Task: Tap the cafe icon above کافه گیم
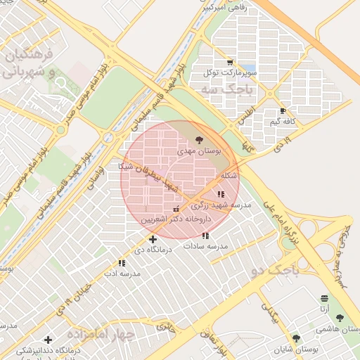[x=283, y=111]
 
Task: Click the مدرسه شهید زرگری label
[x=221, y=205]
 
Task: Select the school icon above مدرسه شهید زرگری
[x=221, y=194]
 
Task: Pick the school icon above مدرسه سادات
[x=205, y=236]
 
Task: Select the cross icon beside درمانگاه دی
[x=153, y=240]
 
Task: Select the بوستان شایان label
[x=296, y=349]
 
